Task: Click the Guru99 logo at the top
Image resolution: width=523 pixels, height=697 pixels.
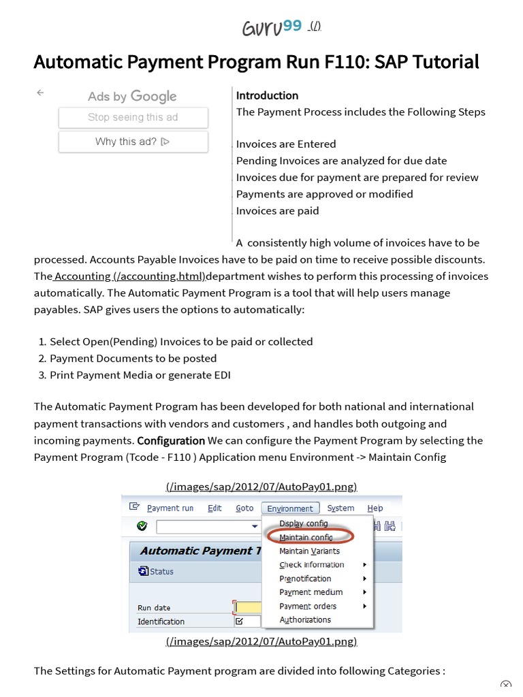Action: coord(272,28)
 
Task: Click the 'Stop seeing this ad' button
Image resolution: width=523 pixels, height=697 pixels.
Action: coord(133,117)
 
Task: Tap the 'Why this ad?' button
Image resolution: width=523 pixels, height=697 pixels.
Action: coord(133,142)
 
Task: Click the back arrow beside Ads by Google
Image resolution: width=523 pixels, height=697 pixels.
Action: coord(40,93)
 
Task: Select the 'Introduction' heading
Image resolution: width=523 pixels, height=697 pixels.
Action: coord(267,95)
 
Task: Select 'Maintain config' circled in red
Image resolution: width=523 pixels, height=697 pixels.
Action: coord(306,537)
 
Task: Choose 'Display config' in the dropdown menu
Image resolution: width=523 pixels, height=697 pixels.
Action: coord(303,523)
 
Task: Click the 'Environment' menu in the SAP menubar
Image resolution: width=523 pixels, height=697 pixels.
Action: coord(290,508)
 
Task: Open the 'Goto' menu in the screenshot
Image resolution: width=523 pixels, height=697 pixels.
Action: coord(244,508)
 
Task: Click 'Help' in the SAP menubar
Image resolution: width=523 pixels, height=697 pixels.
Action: coord(375,508)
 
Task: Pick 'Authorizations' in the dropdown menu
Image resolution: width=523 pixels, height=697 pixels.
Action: coord(305,620)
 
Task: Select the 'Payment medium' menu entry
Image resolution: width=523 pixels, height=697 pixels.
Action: coord(311,592)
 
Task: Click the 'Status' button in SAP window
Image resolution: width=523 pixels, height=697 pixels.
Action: coord(157,572)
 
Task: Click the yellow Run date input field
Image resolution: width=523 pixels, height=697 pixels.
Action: coord(247,607)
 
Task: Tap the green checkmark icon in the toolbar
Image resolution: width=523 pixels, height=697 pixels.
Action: coord(142,526)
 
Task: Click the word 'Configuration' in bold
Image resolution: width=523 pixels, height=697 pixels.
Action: coord(171,440)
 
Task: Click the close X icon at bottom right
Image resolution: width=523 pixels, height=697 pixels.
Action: coord(505,685)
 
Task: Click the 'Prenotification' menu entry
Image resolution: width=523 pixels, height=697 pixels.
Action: coord(305,579)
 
